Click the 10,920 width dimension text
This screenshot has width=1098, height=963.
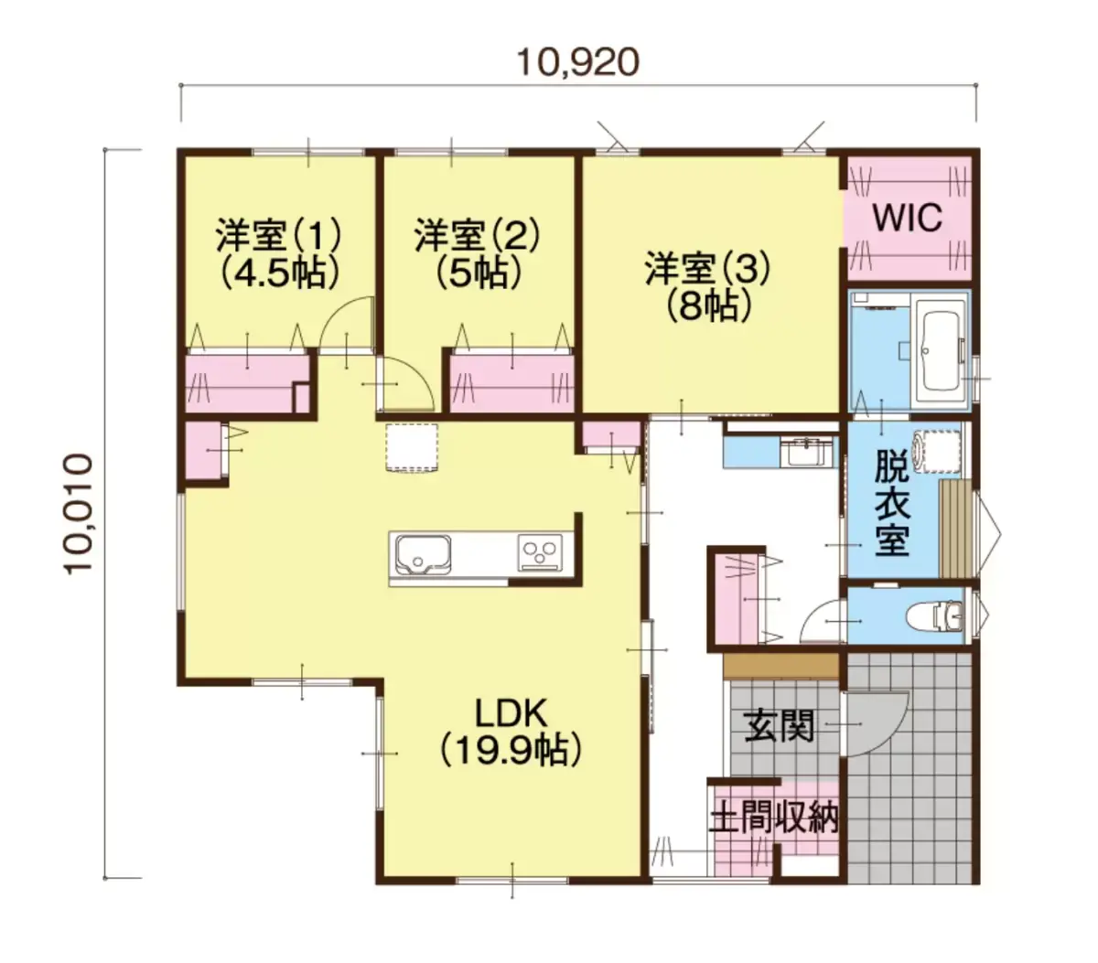point(578,62)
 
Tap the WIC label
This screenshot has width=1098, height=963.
point(908,218)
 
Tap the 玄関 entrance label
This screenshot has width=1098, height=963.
point(779,726)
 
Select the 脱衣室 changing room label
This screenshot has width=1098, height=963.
point(892,506)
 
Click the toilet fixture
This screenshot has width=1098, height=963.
point(934,616)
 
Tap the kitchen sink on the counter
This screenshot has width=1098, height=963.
point(423,554)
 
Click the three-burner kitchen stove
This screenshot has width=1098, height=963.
point(540,552)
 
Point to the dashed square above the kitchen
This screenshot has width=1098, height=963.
point(412,448)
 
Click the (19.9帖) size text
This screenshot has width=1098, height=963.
point(511,751)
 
